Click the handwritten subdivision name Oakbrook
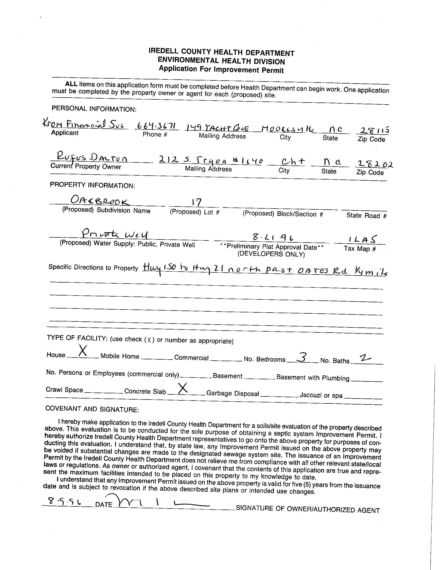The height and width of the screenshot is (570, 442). coord(100,201)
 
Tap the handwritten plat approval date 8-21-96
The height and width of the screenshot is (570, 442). coord(273,237)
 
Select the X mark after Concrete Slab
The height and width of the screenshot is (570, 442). coord(182,388)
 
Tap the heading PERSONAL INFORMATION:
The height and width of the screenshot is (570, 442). coord(94,108)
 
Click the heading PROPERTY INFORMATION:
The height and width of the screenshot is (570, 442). coord(92,185)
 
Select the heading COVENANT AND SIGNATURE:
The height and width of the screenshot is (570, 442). coord(92,409)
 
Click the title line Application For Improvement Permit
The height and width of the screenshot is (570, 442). coord(221,70)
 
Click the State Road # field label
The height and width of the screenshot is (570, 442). coord(366,216)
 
